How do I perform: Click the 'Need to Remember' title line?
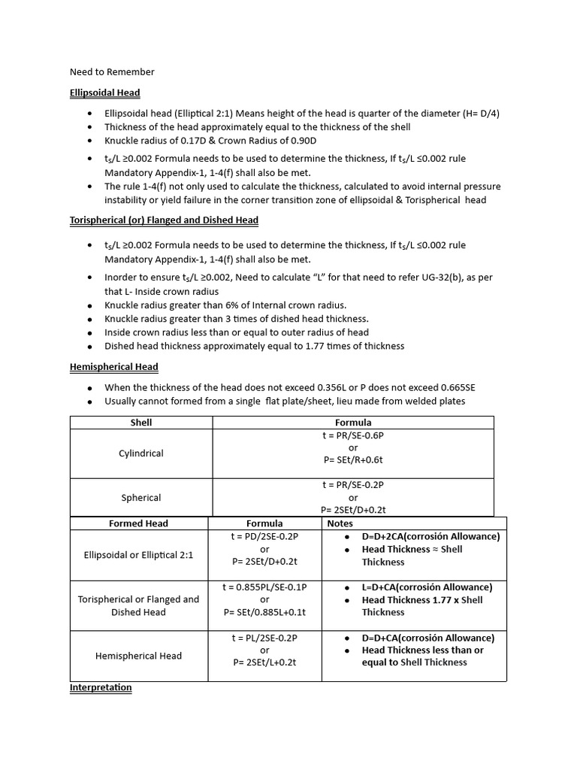[x=112, y=72]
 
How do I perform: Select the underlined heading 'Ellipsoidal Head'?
[x=104, y=92]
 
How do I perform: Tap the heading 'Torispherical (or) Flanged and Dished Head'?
[x=164, y=220]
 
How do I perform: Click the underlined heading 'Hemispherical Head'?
[x=113, y=367]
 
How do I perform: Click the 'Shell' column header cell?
[x=141, y=423]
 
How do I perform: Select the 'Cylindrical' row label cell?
[x=141, y=453]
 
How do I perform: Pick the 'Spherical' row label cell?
[x=141, y=497]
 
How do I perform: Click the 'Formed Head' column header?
[x=138, y=523]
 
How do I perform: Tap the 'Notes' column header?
[x=340, y=523]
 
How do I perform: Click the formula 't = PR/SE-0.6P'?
[x=353, y=435]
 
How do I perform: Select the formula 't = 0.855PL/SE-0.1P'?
[x=264, y=587]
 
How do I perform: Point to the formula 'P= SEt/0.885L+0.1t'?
[x=264, y=612]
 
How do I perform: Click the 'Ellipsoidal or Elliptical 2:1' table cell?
[x=138, y=555]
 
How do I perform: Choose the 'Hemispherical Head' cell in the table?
[x=138, y=656]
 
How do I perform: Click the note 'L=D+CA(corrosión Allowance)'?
[x=427, y=587]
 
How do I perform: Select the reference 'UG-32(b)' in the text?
[x=436, y=277]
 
